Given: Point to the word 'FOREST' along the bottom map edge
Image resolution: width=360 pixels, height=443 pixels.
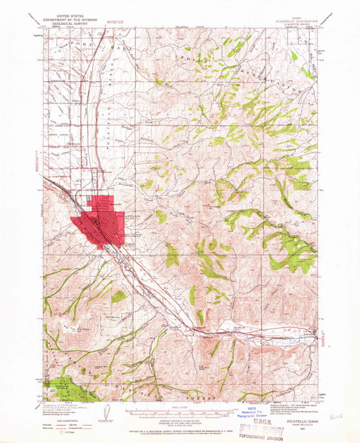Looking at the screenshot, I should (210, 399).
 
